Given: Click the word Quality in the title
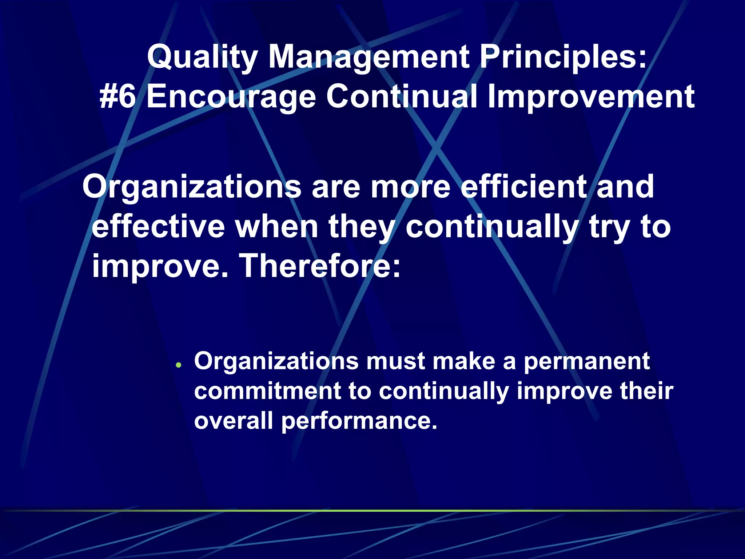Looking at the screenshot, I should coord(202,58).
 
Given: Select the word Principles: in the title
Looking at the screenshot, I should coord(563,58).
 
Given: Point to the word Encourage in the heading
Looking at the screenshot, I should coord(231,97).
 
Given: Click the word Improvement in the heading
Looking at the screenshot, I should coord(591,97).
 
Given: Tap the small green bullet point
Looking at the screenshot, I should coord(178,365).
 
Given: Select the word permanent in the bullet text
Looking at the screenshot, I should coord(586,361).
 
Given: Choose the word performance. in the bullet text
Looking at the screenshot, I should coord(359,421).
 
